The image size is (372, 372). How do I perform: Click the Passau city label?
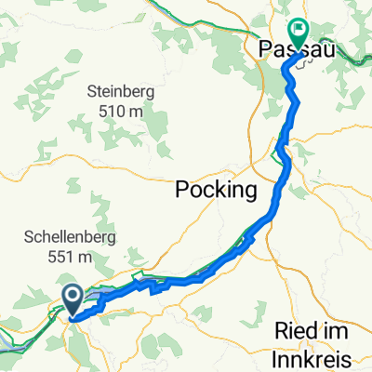(x=297, y=47)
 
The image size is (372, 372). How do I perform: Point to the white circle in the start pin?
(x=73, y=295)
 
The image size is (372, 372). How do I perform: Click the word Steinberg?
(x=122, y=92)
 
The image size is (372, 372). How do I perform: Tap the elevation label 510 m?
(x=122, y=111)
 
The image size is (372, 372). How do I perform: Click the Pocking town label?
(x=216, y=192)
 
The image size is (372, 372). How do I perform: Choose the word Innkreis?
(x=315, y=356)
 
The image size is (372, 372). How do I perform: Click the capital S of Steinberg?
(x=91, y=92)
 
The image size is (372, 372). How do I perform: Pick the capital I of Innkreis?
(x=278, y=356)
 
